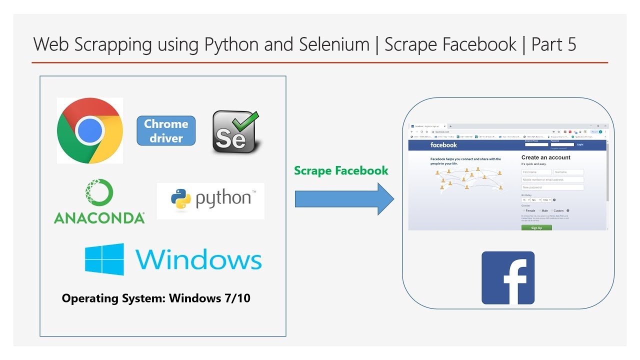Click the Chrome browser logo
click(x=90, y=131)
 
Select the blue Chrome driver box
click(x=166, y=131)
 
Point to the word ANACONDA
click(x=99, y=218)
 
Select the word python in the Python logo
click(x=223, y=199)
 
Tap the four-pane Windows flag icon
click(x=104, y=259)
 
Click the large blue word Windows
click(x=198, y=259)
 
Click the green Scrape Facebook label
click(x=341, y=170)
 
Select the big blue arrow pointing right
click(x=344, y=199)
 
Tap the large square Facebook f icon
click(x=508, y=278)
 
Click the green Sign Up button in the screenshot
click(x=536, y=227)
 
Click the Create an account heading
click(x=545, y=157)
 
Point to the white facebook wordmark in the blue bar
click(x=443, y=145)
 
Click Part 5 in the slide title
click(x=553, y=44)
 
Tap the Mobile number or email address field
click(x=552, y=179)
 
